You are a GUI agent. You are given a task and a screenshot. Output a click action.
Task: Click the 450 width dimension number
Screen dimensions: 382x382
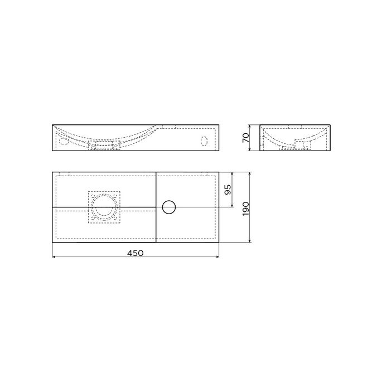click(135, 253)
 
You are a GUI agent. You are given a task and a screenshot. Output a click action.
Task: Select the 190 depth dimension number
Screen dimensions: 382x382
click(245, 207)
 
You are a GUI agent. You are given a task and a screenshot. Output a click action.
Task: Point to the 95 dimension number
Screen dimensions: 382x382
click(227, 190)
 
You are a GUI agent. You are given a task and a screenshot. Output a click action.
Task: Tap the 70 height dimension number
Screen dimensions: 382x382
click(246, 137)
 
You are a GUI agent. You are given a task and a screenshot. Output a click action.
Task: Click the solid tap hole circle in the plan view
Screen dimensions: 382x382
click(168, 207)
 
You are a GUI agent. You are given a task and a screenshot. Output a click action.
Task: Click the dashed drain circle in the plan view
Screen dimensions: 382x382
click(104, 207)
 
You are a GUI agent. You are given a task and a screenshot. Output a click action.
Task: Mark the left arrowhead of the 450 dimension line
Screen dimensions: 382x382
click(54, 258)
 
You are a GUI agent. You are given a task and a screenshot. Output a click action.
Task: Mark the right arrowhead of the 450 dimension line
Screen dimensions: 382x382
click(216, 258)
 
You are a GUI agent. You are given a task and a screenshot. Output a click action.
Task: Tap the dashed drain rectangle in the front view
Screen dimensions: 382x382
click(104, 147)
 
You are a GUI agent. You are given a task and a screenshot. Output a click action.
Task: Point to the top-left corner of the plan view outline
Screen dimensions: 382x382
click(52, 172)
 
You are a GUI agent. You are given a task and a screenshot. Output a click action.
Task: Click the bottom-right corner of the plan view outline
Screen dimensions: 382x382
click(218, 243)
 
